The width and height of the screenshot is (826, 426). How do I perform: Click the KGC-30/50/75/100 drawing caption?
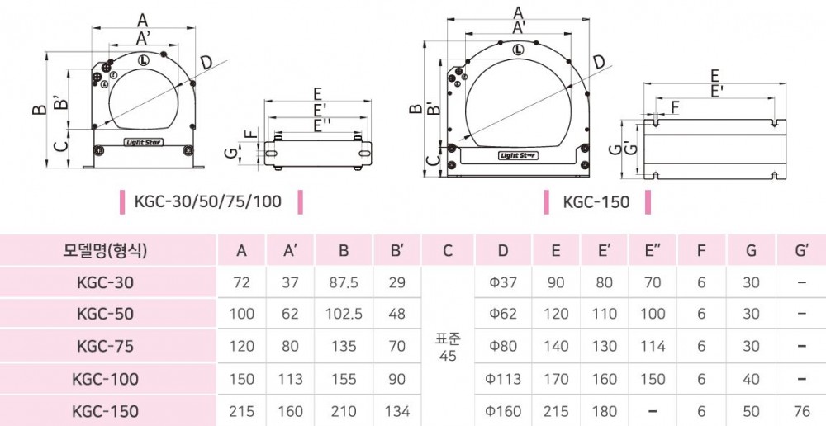tap(208, 201)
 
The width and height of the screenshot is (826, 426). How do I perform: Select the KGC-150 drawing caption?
tap(596, 201)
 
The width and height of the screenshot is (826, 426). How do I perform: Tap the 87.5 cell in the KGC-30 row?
tap(344, 283)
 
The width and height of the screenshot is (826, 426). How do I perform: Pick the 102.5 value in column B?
tap(344, 315)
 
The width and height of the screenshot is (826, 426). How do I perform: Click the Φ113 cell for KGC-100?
tap(504, 379)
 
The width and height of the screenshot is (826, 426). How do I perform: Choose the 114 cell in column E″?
tap(653, 347)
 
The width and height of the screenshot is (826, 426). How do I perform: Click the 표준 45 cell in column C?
tap(448, 348)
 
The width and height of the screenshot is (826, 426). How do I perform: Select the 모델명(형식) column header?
tap(108, 251)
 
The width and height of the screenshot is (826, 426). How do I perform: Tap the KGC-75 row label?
tap(108, 347)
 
